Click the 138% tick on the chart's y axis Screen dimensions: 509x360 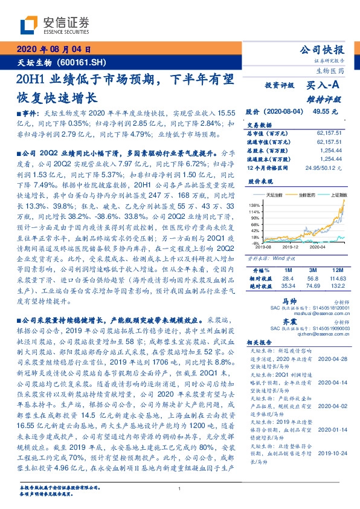coord(252,206)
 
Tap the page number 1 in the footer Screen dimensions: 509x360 coord(180,488)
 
